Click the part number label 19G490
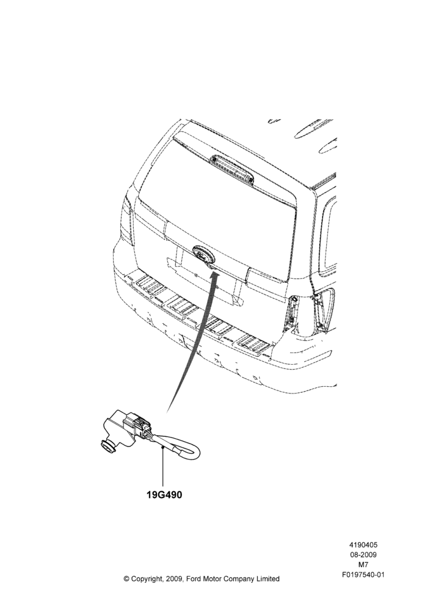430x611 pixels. pos(164,495)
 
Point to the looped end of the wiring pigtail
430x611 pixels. pos(194,452)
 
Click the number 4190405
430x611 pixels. pos(363,545)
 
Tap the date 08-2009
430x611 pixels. pos(363,555)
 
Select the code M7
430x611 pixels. pos(363,564)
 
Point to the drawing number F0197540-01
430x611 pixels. pos(363,574)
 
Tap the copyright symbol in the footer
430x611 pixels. pos(126,579)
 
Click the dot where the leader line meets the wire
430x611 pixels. pos(162,448)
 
